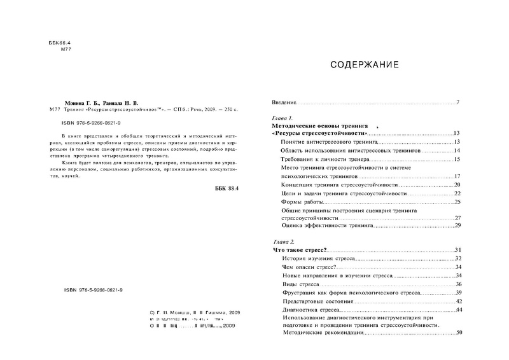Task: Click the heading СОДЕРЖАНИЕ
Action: click(365, 65)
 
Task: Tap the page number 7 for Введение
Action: click(457, 102)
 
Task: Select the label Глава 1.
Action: click(282, 119)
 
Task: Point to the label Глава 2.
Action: click(283, 242)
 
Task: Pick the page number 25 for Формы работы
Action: click(457, 202)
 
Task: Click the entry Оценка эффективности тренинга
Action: click(322, 226)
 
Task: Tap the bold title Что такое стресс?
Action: click(299, 251)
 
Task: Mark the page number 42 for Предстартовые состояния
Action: click(457, 301)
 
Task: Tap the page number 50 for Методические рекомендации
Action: click(457, 333)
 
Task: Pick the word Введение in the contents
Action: click(284, 102)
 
